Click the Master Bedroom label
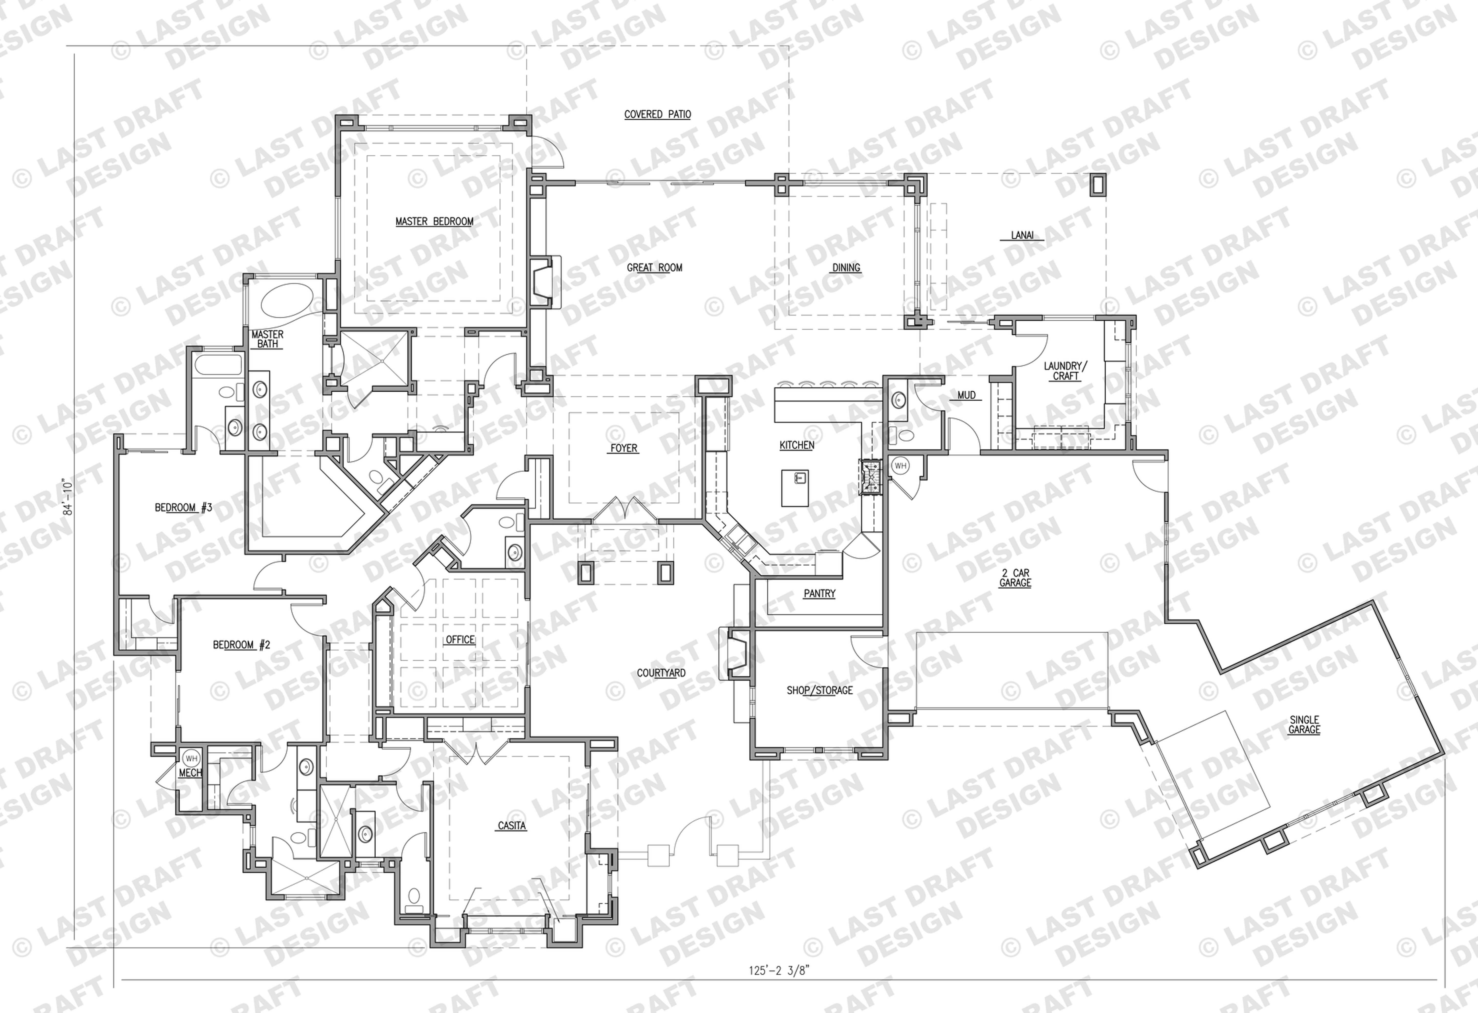tap(434, 221)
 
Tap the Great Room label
tap(654, 268)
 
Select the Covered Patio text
tap(658, 115)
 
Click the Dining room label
tap(846, 268)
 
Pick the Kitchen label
tap(797, 445)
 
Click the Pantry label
tap(819, 593)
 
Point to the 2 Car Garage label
tap(1015, 577)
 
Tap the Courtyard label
tap(661, 673)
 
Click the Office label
tap(460, 640)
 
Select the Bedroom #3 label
tap(183, 507)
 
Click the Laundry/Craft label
tap(1066, 371)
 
